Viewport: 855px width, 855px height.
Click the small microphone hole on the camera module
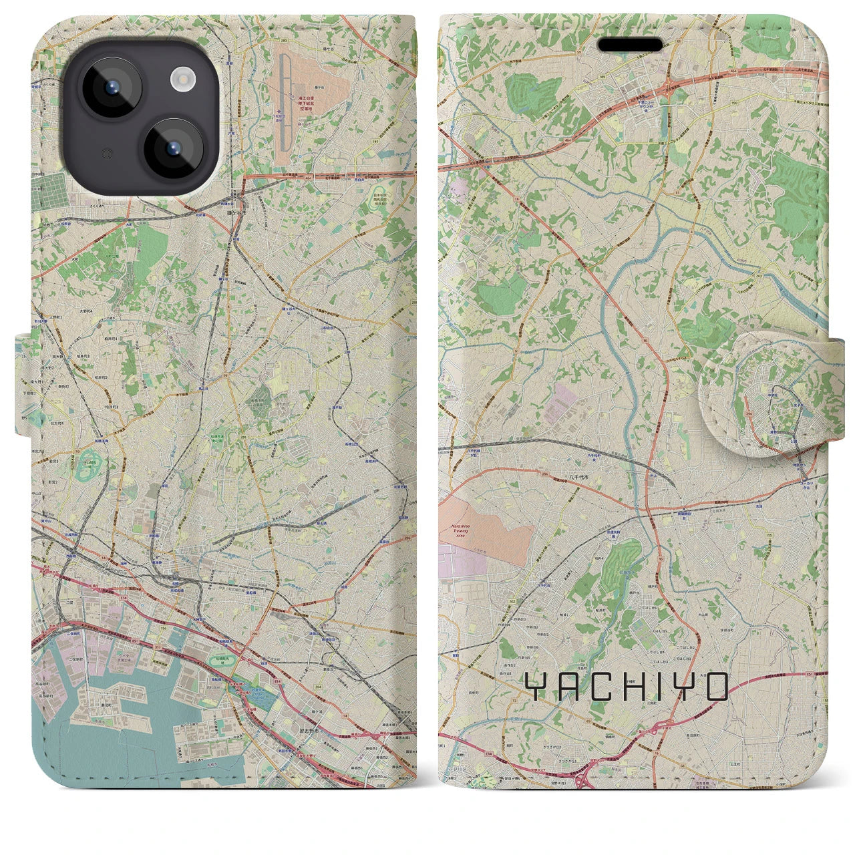(x=104, y=154)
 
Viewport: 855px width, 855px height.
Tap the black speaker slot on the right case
(x=630, y=45)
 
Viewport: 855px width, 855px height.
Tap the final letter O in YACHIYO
(x=715, y=687)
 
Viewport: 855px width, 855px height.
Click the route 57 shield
(x=236, y=266)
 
